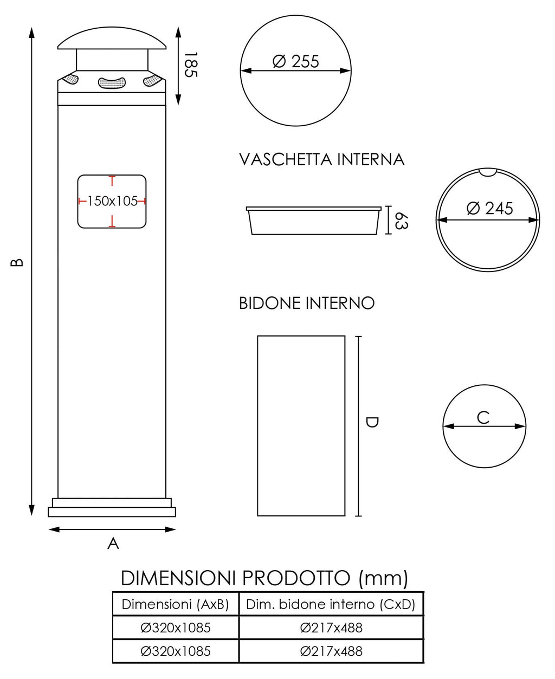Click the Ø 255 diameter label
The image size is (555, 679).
296,61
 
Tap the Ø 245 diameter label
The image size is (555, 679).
489,208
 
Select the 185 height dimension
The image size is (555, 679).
189,65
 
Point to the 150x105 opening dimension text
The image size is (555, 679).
112,201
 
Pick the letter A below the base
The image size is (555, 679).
113,543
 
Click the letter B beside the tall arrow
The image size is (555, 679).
17,262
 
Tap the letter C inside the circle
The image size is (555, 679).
483,417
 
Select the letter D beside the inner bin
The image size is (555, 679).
372,422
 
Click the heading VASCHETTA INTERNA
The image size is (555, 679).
322,159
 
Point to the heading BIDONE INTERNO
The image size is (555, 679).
307,303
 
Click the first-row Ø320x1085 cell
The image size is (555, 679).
176,628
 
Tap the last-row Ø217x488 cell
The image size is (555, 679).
331,651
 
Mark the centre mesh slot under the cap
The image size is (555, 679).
112,83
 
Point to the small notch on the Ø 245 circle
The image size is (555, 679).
488,172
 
